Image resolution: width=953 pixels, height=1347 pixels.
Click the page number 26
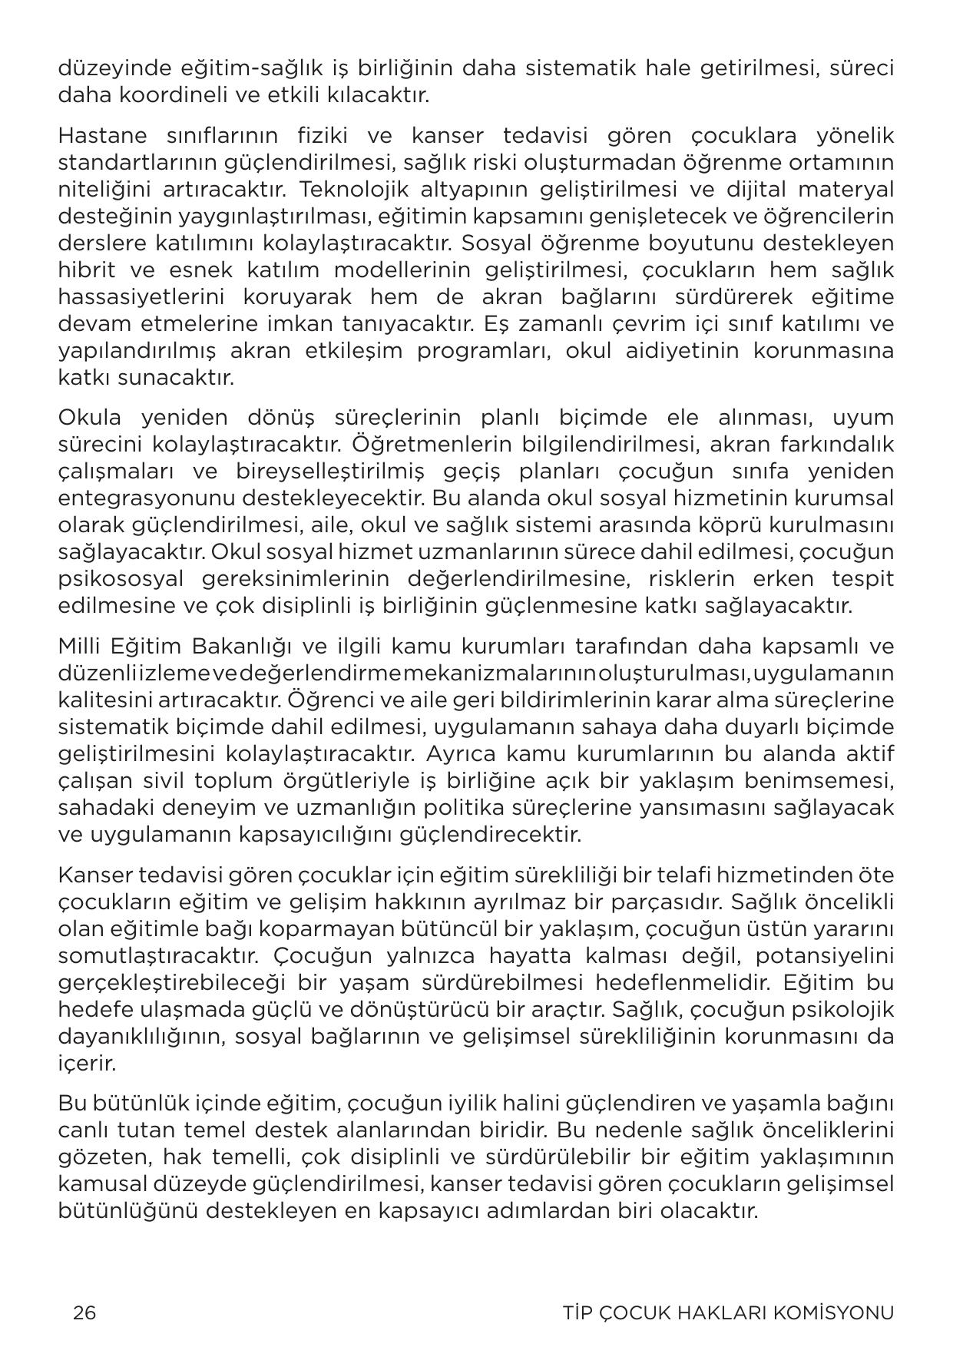[x=84, y=1312]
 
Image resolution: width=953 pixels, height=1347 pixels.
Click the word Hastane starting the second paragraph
[x=102, y=136]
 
